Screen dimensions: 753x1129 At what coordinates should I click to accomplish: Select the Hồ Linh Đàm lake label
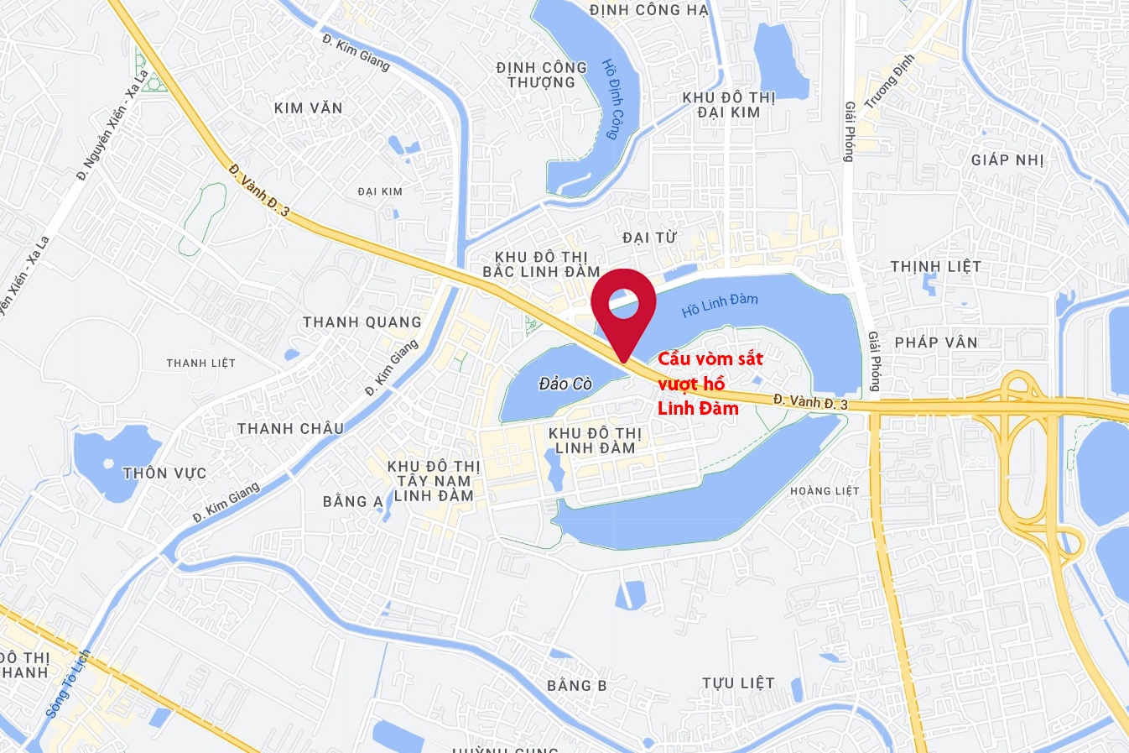720,305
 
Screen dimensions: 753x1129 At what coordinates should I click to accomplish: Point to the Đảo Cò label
565,384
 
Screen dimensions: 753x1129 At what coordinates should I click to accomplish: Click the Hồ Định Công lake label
613,99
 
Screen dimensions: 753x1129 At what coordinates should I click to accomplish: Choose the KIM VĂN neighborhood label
309,107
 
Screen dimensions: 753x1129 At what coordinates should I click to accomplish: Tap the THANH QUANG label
362,322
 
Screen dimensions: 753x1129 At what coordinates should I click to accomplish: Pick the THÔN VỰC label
164,473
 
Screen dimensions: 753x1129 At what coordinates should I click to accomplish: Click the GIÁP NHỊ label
1007,159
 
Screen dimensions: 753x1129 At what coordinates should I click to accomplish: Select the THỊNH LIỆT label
935,267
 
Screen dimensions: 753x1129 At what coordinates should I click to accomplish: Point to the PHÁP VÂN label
936,343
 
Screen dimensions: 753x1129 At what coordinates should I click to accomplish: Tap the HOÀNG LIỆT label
825,491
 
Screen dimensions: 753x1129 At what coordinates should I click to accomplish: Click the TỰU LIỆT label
738,683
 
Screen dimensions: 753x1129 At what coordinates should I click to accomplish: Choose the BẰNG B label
577,686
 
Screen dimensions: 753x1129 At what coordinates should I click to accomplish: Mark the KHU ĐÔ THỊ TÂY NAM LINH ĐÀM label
434,481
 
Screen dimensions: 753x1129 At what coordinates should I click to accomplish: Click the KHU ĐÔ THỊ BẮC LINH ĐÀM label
541,264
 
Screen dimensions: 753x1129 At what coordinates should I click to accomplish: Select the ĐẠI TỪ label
649,238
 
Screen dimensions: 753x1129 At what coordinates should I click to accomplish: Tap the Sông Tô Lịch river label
68,684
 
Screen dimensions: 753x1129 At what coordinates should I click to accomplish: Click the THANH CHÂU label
290,429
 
